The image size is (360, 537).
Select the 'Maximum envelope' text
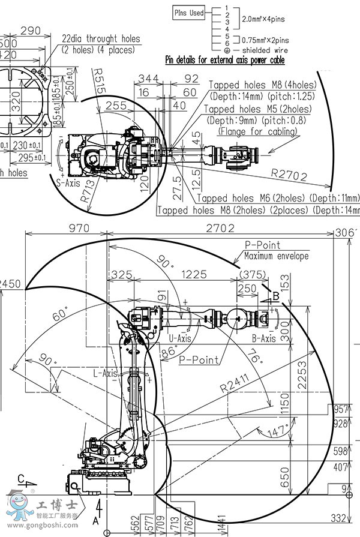coord(276,256)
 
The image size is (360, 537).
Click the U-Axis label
coord(180,338)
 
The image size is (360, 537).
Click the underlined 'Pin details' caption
coord(225,60)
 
